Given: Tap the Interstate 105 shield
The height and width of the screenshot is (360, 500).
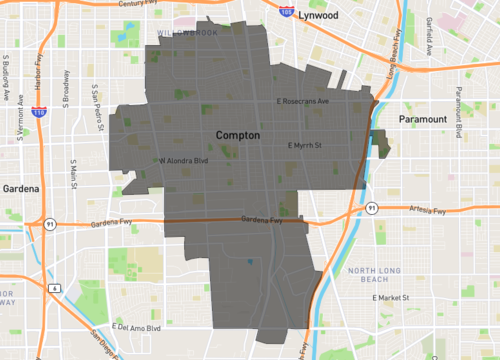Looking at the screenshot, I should pos(287,15).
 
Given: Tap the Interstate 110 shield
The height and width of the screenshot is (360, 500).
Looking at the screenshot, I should pos(38,113).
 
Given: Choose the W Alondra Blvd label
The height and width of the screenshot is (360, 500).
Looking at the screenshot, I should pos(182,160).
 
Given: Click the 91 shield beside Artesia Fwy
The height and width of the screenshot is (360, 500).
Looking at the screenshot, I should pos(370,208).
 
